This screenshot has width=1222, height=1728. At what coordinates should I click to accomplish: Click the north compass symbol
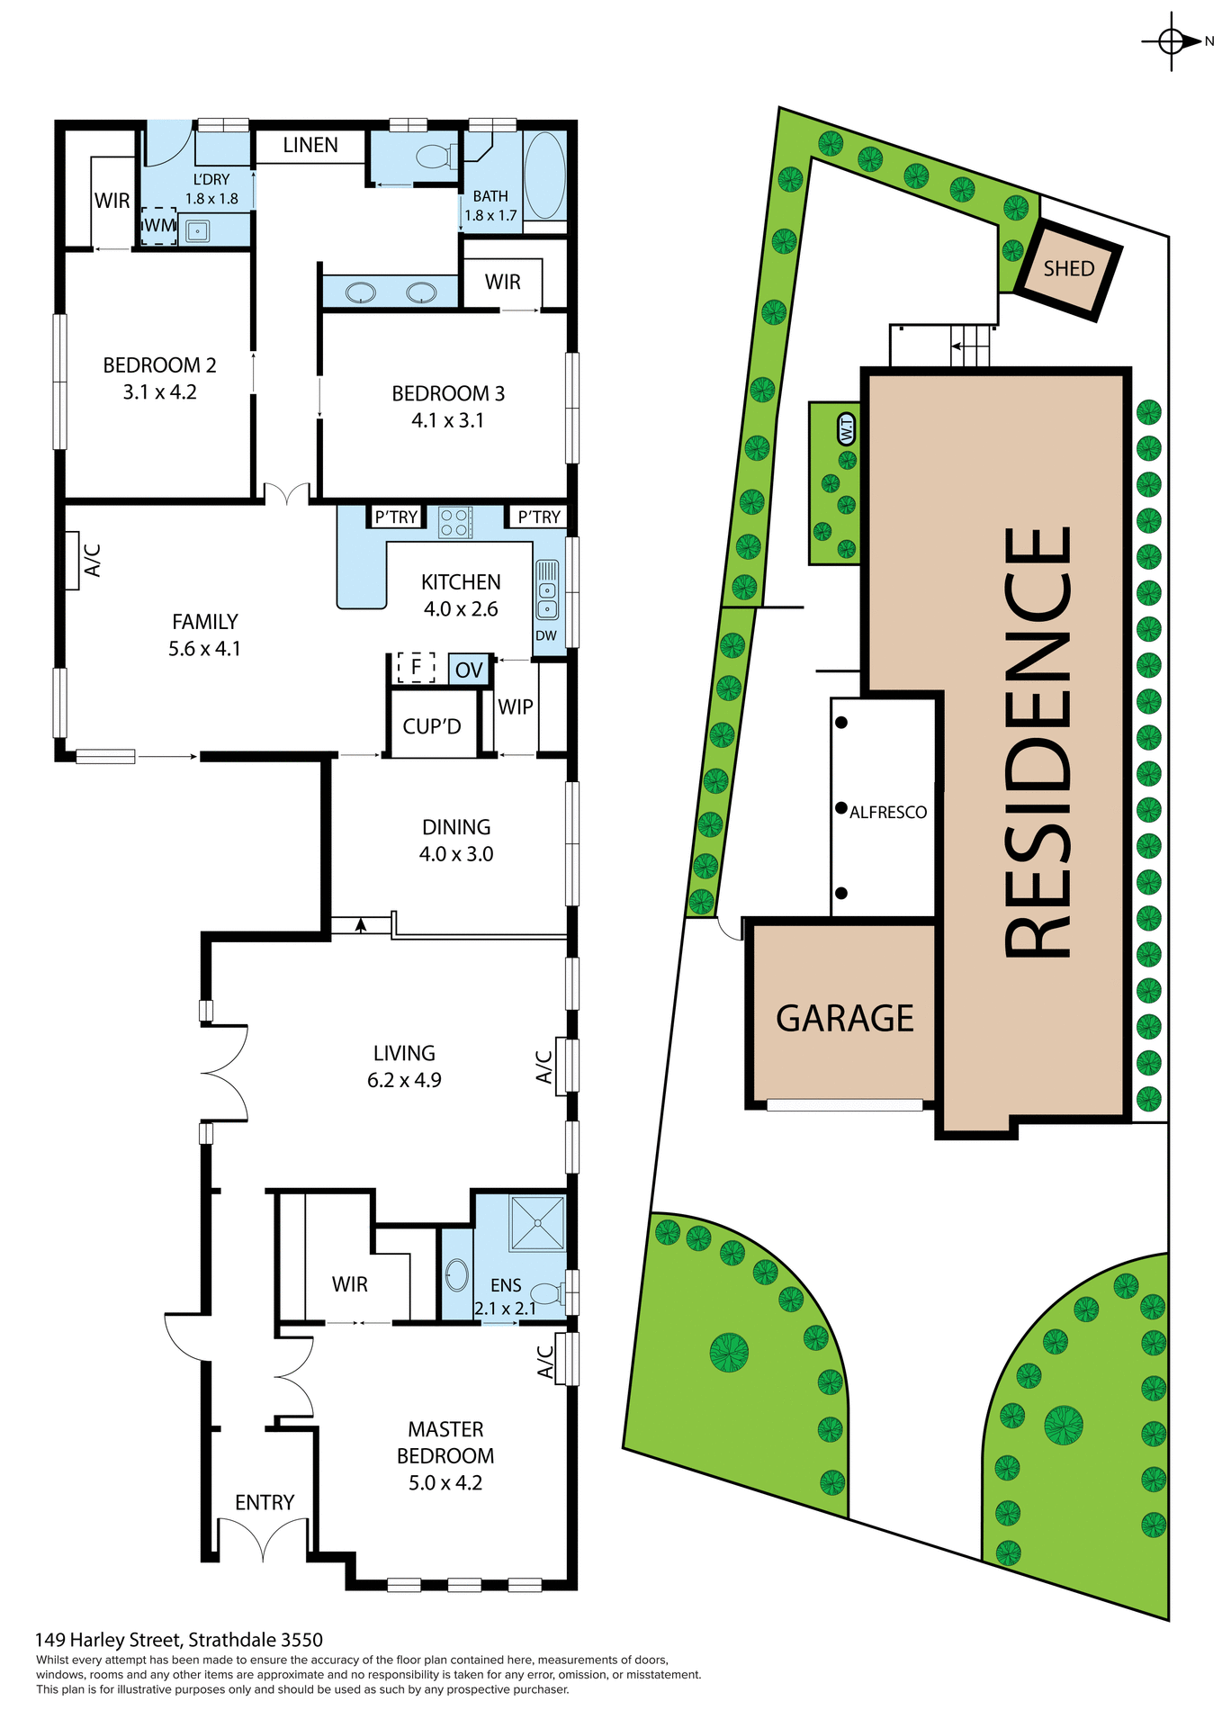click(x=1173, y=41)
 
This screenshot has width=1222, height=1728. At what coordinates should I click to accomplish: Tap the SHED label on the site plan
click(x=1068, y=269)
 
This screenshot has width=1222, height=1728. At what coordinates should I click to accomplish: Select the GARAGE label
click(x=844, y=1018)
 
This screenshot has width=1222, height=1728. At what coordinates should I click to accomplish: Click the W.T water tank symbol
click(x=846, y=429)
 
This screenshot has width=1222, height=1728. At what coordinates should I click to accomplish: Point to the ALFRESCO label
click(x=887, y=812)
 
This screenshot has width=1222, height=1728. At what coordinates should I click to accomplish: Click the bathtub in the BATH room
click(x=544, y=175)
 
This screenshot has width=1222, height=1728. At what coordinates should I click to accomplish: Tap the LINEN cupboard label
click(x=310, y=145)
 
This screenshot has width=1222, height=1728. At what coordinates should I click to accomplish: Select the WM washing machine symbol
click(x=159, y=225)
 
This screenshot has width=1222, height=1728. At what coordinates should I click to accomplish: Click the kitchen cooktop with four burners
click(x=455, y=523)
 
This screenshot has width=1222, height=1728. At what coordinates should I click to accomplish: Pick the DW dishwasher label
click(x=546, y=635)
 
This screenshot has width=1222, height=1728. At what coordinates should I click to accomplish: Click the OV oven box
click(x=469, y=670)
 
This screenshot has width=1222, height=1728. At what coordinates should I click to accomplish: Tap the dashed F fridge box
click(x=416, y=667)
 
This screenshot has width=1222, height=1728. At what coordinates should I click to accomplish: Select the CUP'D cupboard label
click(x=432, y=726)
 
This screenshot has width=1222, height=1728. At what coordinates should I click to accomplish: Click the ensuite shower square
click(x=537, y=1222)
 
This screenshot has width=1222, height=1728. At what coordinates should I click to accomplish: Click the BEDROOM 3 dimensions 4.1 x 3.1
click(x=447, y=420)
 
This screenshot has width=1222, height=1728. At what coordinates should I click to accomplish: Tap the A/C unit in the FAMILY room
click(x=73, y=561)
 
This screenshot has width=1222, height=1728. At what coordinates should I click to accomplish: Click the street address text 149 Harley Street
click(x=178, y=1640)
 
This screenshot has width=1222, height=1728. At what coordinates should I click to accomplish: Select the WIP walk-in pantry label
click(x=515, y=707)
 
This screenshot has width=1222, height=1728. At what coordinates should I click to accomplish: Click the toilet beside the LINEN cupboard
click(x=436, y=157)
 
